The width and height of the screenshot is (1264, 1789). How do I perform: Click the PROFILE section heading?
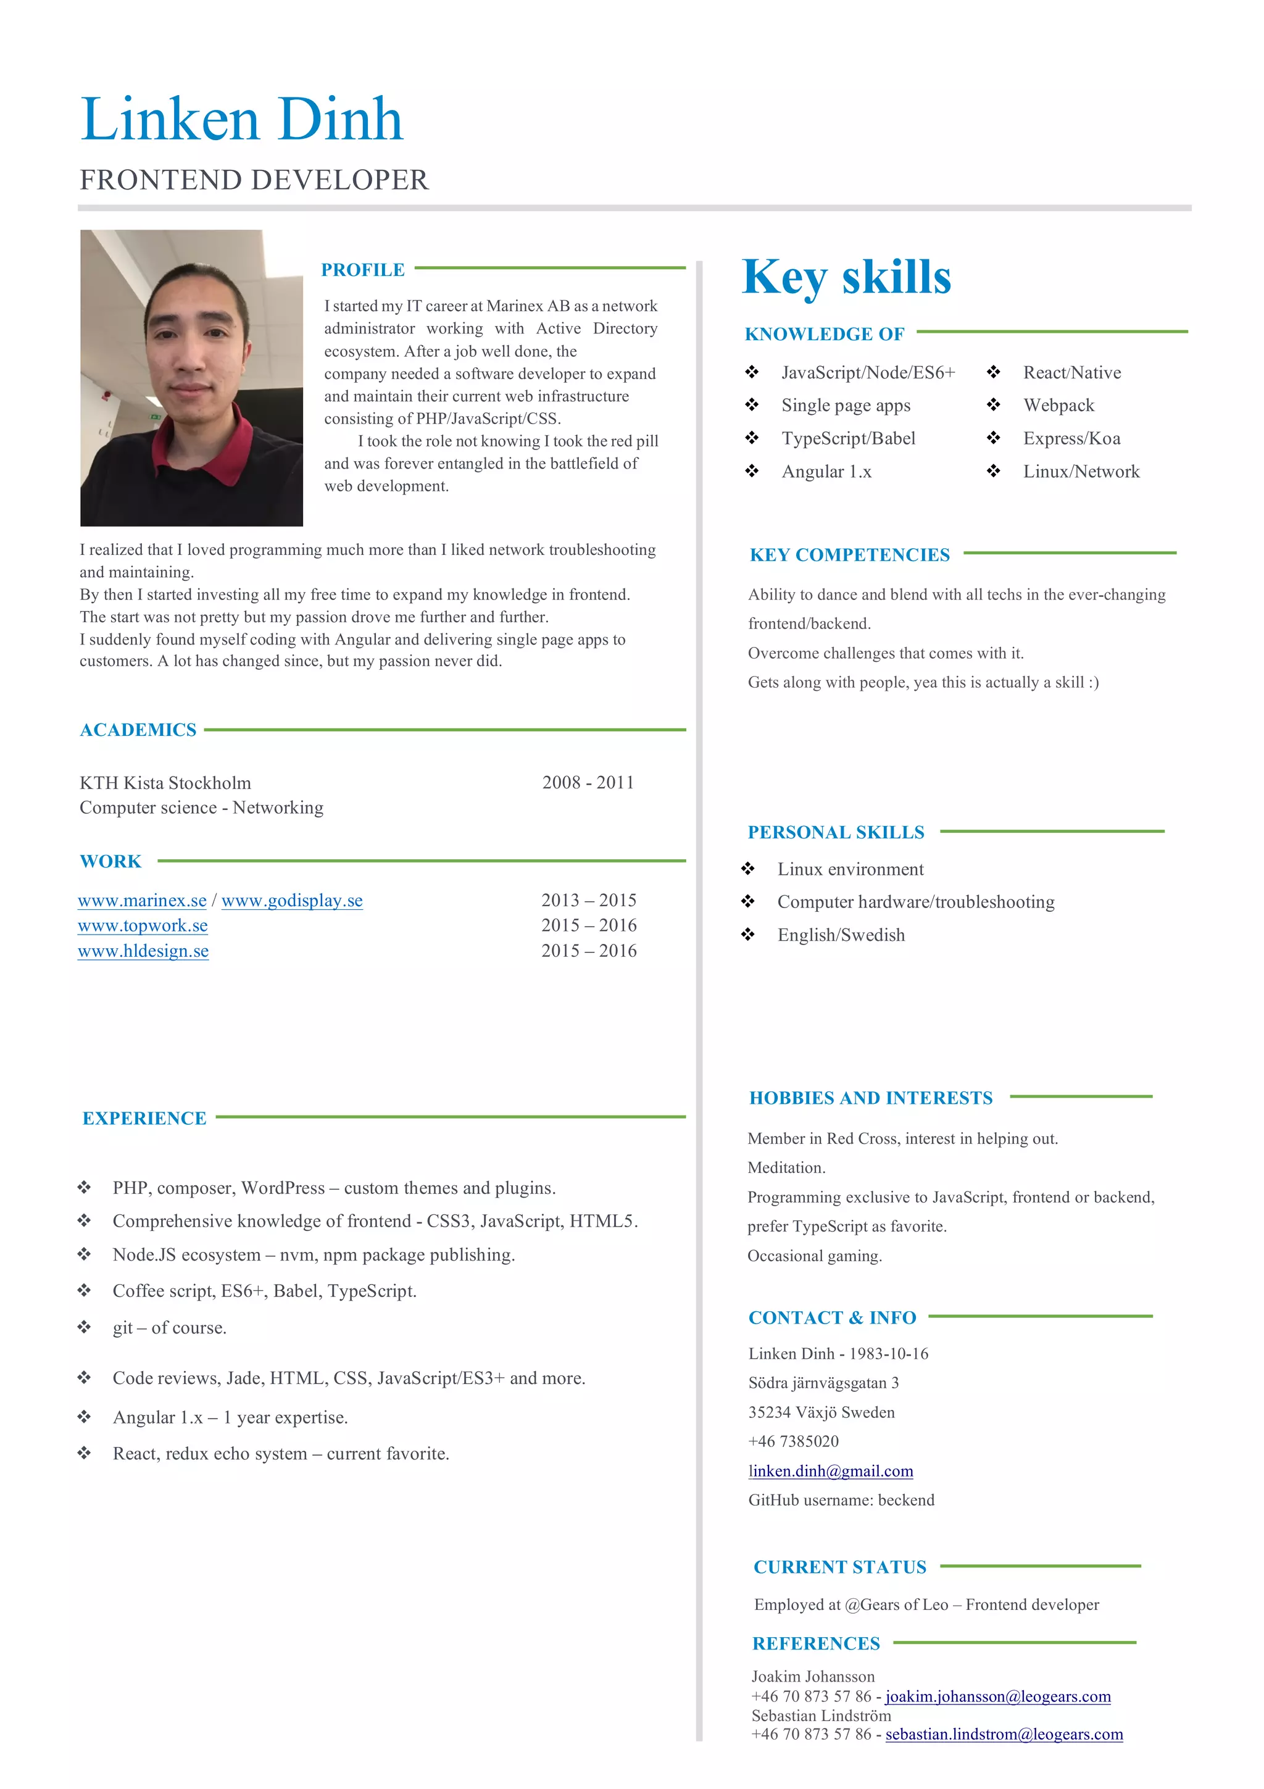362,270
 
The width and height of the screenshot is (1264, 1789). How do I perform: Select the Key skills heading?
847,277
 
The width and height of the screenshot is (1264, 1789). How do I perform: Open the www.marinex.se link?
143,901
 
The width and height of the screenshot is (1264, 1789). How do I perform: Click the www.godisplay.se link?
292,901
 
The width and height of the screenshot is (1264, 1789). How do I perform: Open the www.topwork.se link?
143,925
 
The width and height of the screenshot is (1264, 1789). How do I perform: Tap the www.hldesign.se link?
143,951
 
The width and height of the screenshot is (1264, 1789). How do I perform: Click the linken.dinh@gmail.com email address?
830,1471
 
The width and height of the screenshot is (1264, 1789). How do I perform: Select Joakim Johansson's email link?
997,1696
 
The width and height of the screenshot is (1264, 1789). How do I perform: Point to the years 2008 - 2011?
588,782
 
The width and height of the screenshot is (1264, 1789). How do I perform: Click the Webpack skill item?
1058,405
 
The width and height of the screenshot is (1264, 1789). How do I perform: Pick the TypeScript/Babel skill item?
848,439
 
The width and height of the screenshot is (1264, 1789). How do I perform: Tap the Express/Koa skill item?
1071,439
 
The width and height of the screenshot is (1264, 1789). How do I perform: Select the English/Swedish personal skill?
841,935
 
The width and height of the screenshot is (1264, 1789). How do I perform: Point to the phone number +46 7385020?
794,1441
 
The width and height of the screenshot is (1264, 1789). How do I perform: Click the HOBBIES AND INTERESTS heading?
871,1098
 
